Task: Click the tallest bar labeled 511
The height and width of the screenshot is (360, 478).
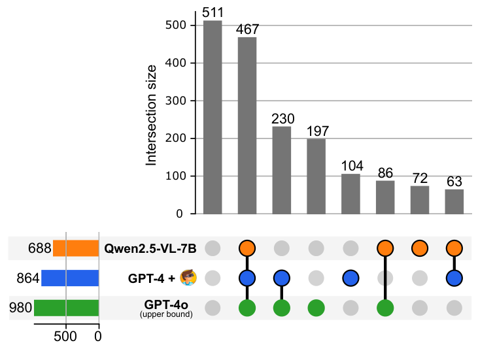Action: click(213, 118)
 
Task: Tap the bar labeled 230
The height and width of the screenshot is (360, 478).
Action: click(282, 170)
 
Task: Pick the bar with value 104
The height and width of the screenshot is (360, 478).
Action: click(350, 194)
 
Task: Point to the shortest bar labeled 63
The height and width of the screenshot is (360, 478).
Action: click(454, 201)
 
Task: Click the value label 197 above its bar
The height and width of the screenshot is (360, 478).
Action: click(316, 131)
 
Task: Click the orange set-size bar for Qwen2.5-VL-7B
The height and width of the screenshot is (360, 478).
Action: click(76, 248)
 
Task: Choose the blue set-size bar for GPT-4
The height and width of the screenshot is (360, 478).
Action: click(70, 278)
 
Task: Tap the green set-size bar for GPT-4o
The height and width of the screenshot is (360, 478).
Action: click(66, 308)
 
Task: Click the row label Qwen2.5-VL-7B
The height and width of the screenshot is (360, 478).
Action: click(150, 248)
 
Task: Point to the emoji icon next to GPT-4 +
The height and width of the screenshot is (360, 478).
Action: click(188, 278)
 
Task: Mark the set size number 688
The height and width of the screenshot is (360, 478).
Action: click(39, 248)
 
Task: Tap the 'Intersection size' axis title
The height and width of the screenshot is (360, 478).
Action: click(152, 114)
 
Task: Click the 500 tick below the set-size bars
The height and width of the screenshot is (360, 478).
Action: click(66, 336)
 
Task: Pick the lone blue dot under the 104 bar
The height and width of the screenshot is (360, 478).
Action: click(350, 278)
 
